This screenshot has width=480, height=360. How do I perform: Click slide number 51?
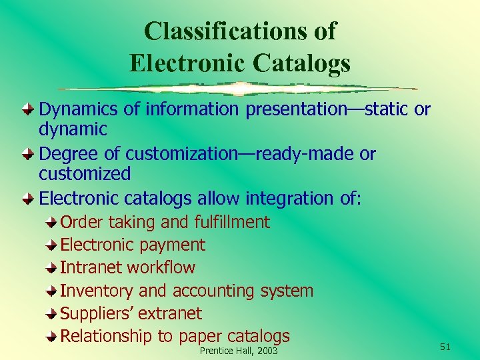coord(445,346)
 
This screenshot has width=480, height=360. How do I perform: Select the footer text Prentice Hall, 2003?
coord(239,351)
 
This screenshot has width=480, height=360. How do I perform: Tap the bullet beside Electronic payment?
coord(52,245)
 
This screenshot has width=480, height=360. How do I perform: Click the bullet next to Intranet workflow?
coord(52,268)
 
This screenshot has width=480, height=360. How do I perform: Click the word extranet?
coord(173,314)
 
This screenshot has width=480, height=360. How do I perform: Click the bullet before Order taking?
coord(52,223)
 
